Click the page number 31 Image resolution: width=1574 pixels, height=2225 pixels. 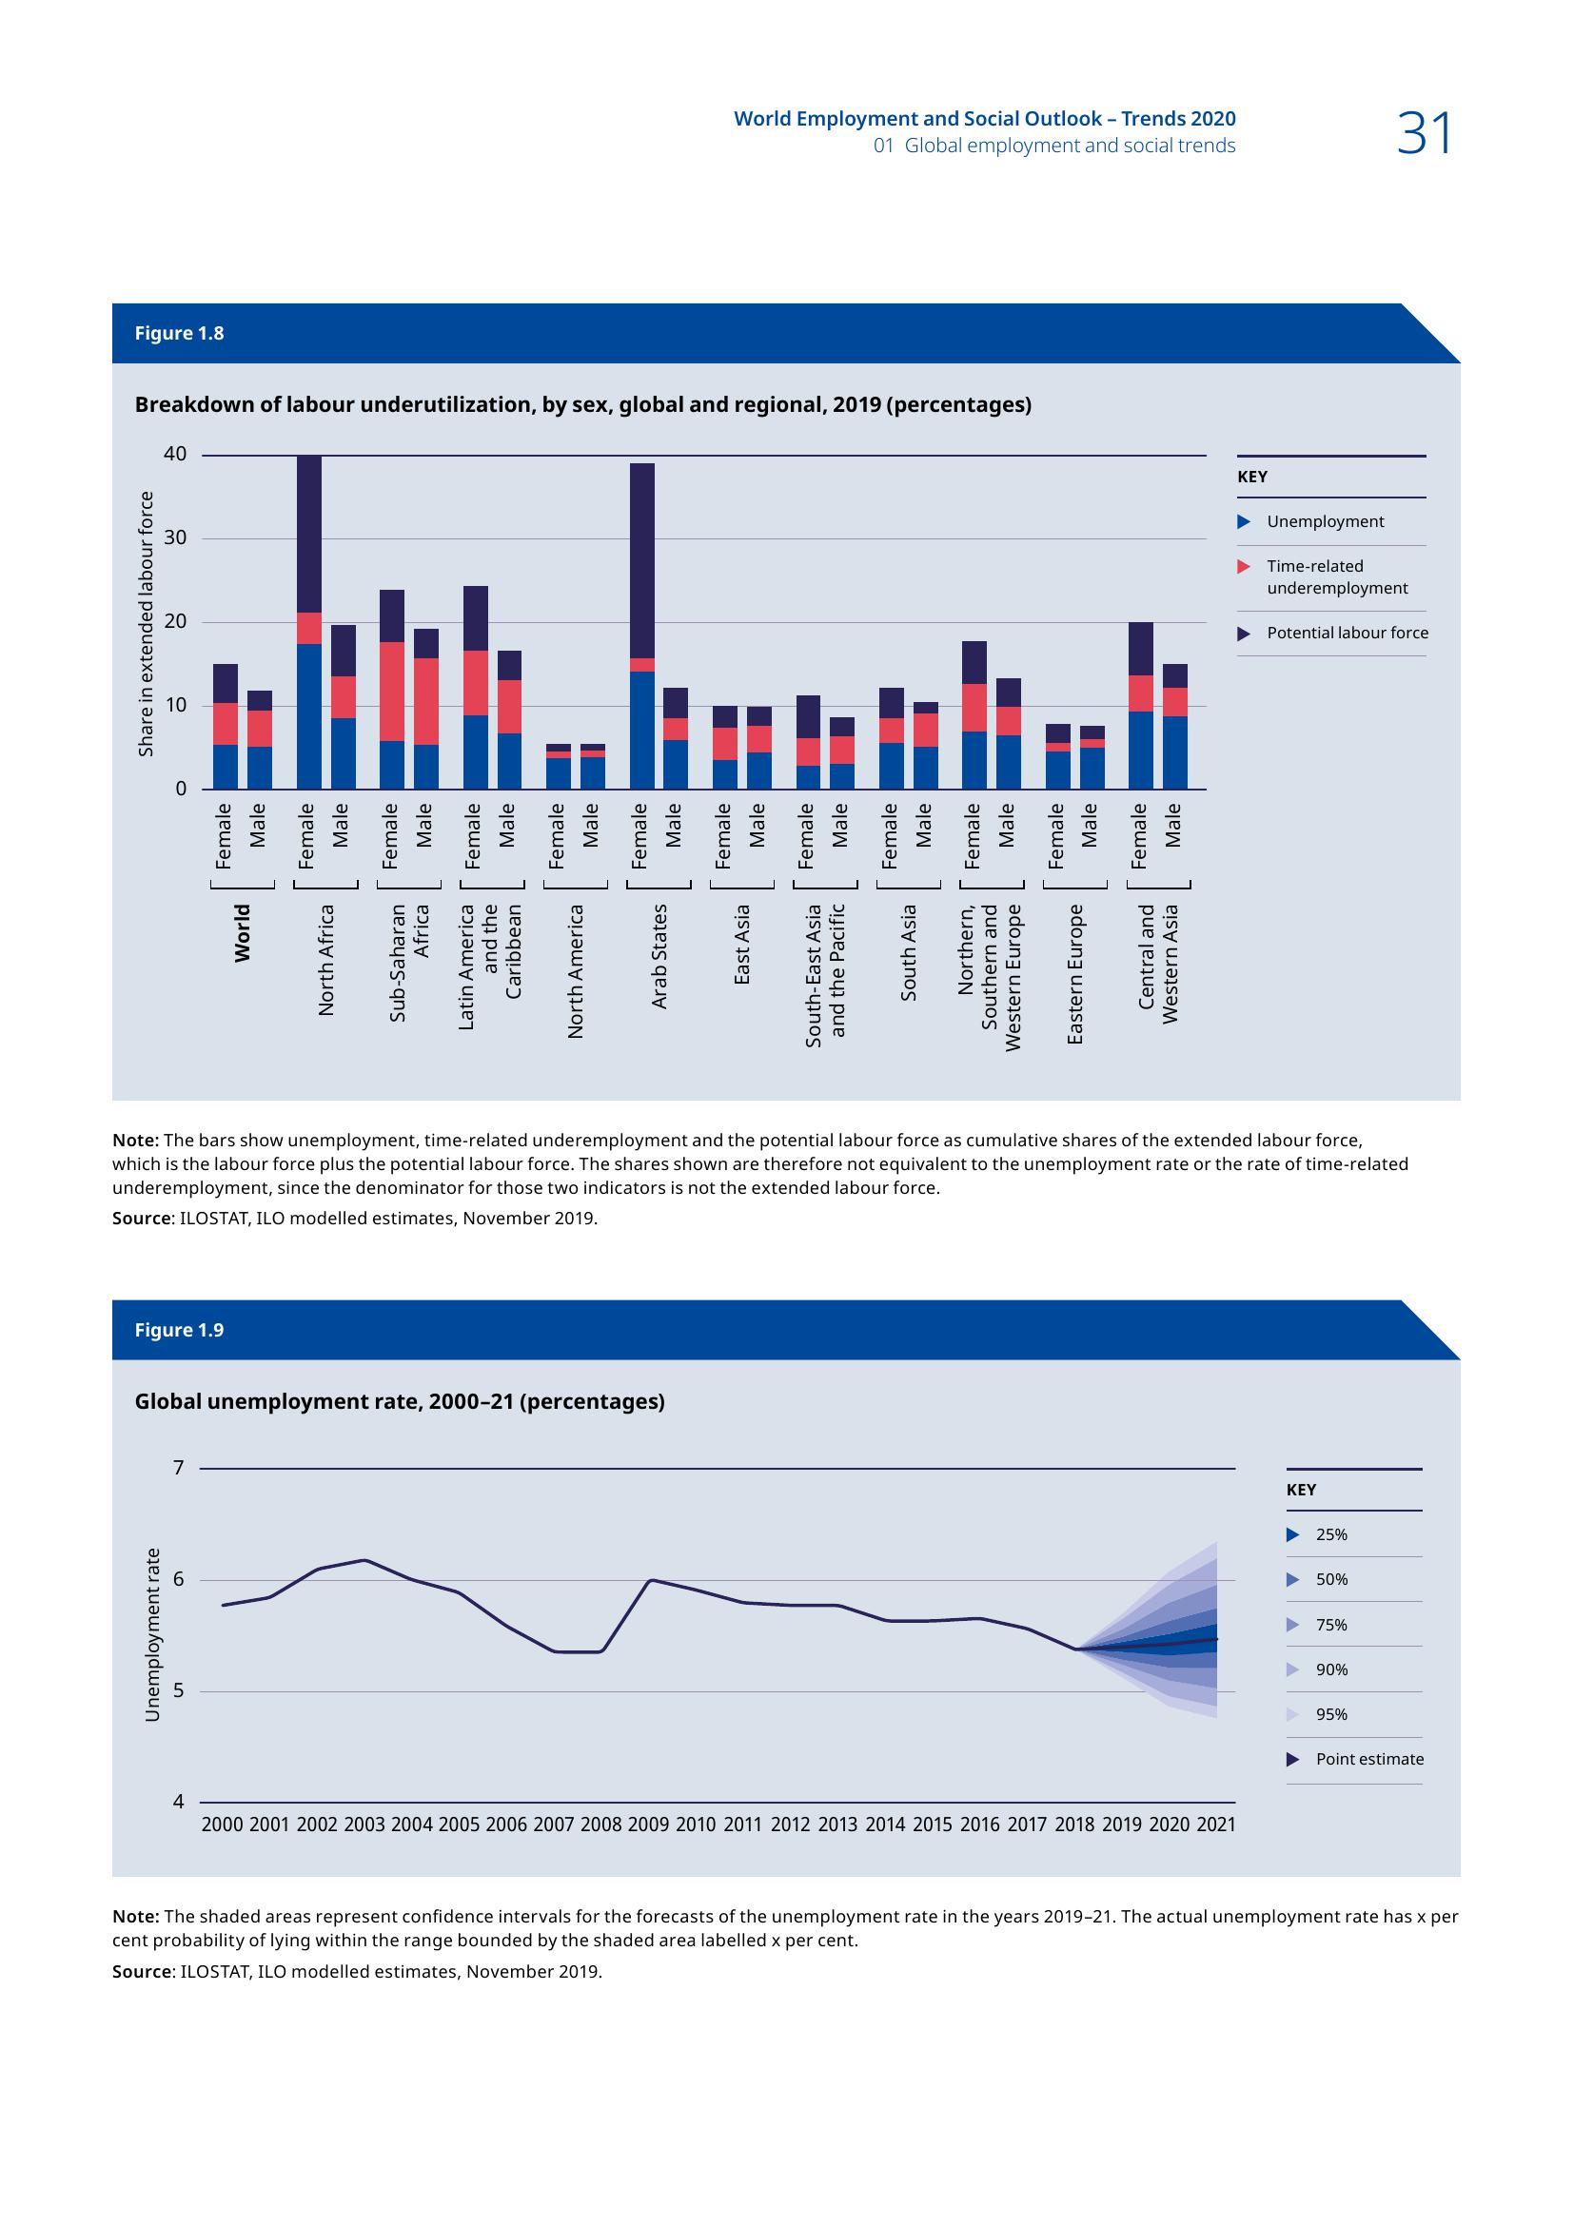tap(1424, 134)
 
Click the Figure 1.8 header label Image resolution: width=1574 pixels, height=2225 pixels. tap(179, 333)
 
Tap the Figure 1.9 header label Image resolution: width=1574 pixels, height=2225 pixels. tap(179, 1330)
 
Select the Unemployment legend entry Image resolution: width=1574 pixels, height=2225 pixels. tap(1325, 521)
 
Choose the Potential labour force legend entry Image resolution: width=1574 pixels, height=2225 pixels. tap(1347, 633)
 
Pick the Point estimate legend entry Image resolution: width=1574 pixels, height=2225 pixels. tap(1368, 1759)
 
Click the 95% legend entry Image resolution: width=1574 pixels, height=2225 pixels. tap(1330, 1714)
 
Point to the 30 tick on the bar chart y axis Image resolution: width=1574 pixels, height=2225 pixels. tap(174, 538)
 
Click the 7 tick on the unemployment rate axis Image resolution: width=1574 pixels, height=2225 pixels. tap(178, 1467)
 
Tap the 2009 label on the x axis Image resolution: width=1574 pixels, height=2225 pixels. tap(648, 1825)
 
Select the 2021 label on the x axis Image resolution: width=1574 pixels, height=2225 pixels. tap(1216, 1825)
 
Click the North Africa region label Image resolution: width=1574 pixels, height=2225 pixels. tap(326, 960)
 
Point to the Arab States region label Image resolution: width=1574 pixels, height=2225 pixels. tap(660, 955)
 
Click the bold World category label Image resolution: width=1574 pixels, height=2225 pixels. tap(243, 932)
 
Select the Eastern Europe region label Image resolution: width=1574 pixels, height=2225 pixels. tap(1074, 974)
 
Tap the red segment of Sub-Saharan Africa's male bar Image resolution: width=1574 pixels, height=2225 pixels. tap(425, 701)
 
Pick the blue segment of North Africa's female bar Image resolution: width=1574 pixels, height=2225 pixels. tap(309, 716)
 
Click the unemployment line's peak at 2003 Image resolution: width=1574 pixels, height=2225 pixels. tap(364, 1559)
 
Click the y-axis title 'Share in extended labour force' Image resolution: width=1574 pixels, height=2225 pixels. tap(147, 624)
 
